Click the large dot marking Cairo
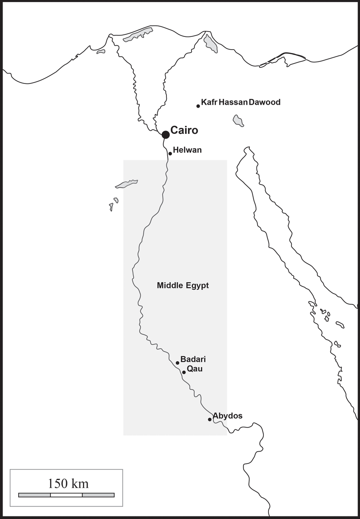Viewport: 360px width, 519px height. (x=166, y=135)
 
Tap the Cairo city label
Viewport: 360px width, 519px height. (x=184, y=130)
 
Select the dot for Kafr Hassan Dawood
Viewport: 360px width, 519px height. (x=198, y=106)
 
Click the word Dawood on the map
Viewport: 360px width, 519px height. (x=265, y=102)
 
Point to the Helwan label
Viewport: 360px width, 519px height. (x=187, y=150)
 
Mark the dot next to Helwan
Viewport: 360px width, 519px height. (x=170, y=153)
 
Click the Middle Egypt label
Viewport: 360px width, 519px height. (x=183, y=286)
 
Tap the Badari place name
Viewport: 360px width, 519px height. (x=193, y=359)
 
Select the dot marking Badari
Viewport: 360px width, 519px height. (x=177, y=363)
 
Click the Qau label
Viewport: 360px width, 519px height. (x=194, y=369)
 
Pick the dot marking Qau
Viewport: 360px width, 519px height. (x=184, y=372)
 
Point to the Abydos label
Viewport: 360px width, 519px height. (x=227, y=416)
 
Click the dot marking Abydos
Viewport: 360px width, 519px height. (x=210, y=419)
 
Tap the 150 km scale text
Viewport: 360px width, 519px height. (x=68, y=483)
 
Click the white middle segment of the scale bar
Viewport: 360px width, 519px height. (x=66, y=495)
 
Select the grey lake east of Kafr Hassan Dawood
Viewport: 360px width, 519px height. (x=238, y=121)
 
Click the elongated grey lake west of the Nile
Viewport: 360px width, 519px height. (x=126, y=184)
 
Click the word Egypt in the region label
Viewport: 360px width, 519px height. (x=197, y=286)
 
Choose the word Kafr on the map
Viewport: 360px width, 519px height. (x=209, y=102)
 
